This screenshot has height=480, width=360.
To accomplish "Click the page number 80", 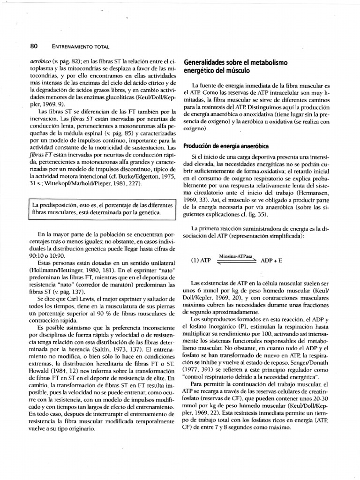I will [x=33, y=46].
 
